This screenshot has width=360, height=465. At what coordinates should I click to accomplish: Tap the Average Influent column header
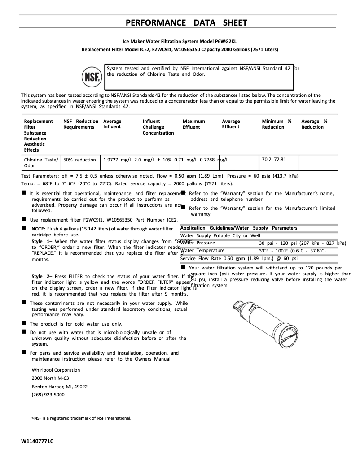(112, 124)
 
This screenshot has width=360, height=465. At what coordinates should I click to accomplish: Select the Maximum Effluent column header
(194, 124)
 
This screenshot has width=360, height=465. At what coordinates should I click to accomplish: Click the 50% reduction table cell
(80, 160)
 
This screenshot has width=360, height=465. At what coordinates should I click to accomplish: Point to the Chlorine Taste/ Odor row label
(41, 162)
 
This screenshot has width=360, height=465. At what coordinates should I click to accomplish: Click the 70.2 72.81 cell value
(273, 159)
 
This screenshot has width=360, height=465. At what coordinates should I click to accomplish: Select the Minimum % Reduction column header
(277, 124)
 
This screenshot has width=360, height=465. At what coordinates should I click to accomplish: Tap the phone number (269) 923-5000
(48, 395)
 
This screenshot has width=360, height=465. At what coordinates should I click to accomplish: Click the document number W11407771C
(37, 441)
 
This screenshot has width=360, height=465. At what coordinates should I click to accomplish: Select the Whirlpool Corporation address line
(56, 370)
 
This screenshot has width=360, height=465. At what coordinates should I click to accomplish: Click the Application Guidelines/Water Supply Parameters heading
(238, 228)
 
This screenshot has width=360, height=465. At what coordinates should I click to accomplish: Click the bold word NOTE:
(38, 229)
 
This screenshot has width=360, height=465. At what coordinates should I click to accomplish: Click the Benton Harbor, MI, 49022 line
(60, 387)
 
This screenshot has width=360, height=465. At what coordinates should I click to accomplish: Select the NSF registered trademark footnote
(81, 418)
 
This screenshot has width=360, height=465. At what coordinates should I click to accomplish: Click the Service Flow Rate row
(239, 258)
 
